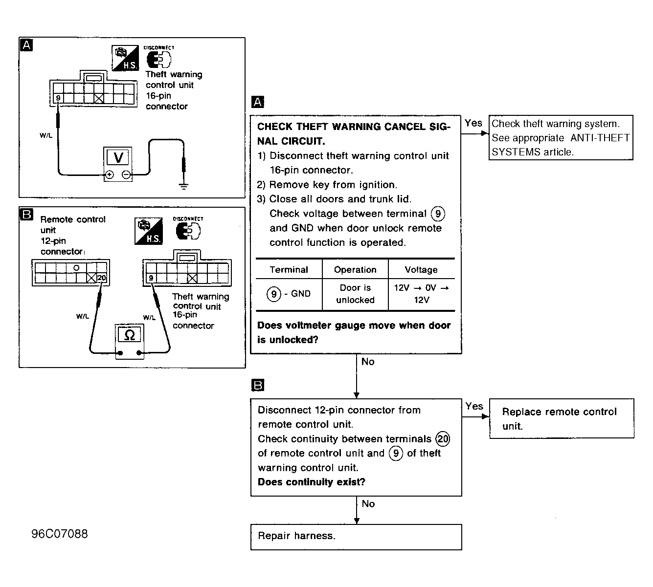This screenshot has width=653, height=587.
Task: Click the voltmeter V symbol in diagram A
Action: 118,157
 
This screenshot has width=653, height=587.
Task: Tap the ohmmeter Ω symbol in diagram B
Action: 130,334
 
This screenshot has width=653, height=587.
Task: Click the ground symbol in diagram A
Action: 183,186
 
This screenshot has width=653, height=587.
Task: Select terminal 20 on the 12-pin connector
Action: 102,278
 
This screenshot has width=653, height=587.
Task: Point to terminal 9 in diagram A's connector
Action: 58,98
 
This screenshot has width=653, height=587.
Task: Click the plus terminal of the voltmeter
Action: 110,175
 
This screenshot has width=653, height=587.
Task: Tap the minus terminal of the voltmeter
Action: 126,175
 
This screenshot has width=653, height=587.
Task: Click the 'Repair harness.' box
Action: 356,537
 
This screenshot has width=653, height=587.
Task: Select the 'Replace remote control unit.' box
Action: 562,418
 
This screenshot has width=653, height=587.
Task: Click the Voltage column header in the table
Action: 421,270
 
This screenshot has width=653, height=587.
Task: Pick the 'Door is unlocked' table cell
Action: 355,294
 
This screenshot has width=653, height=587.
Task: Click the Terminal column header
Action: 289,270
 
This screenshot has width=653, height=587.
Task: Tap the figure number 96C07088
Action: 60,534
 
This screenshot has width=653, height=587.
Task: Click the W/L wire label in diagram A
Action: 46,135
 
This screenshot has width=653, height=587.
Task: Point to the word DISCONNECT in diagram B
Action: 188,218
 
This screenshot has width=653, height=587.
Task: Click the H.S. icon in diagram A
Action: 125,58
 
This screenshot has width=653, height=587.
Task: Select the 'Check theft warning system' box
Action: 561,137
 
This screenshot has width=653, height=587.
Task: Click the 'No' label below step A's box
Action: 368,362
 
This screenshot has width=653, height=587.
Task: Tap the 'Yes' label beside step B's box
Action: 474,406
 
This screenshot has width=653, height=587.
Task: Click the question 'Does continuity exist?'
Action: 312,482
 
